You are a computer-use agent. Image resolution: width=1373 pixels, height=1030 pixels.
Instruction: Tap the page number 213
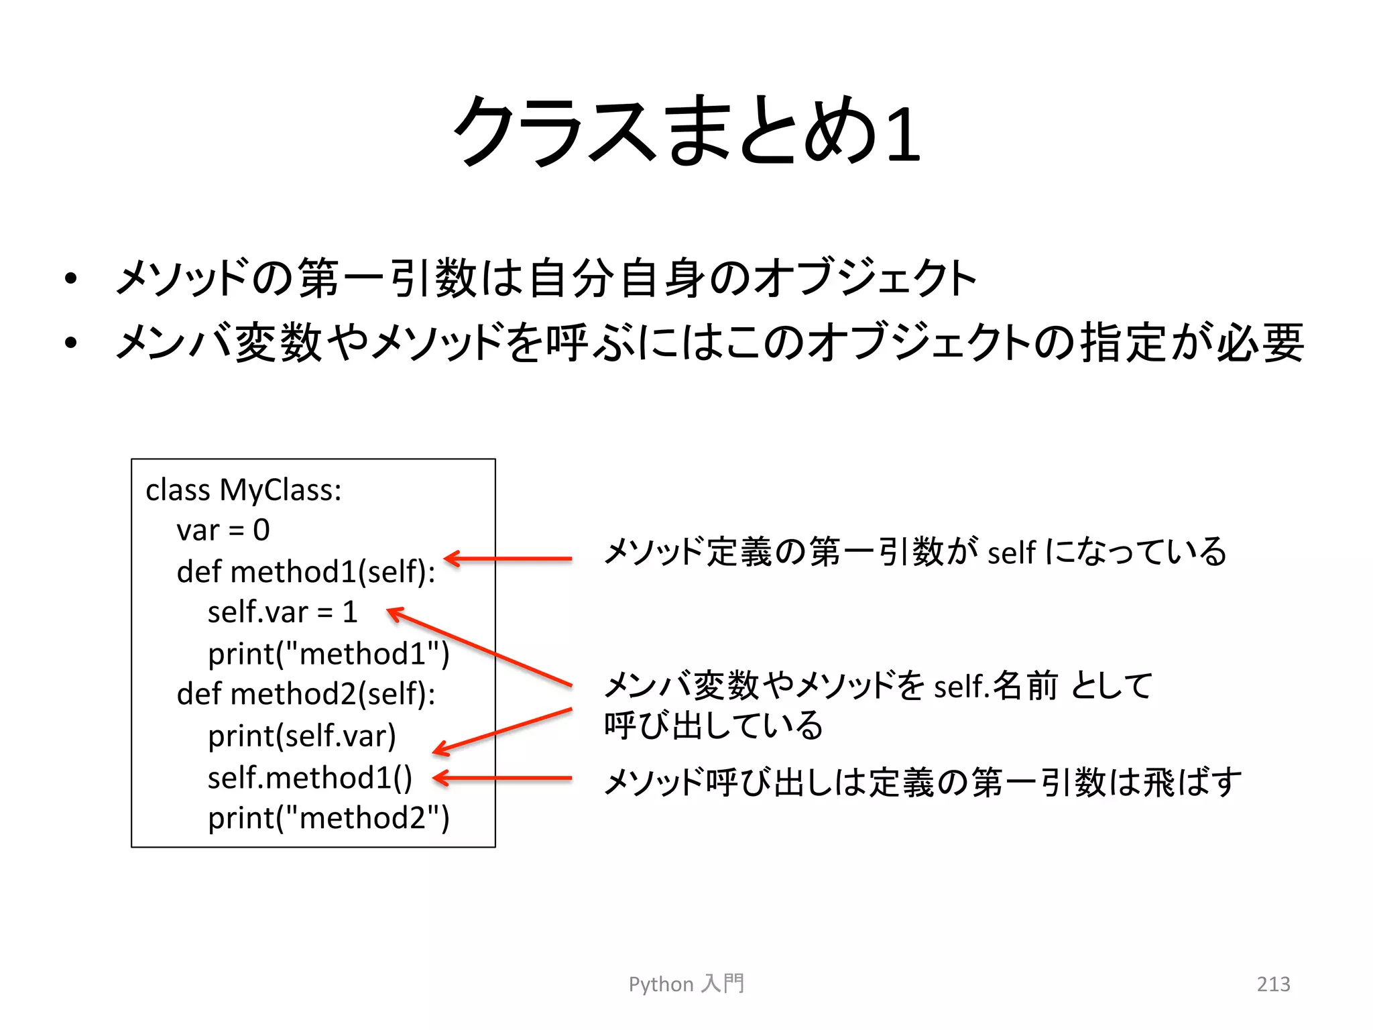coord(1272,984)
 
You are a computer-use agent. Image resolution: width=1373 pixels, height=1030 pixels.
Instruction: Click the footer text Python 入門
coord(686,984)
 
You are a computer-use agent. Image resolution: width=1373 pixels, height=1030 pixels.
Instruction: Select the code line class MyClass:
coord(243,490)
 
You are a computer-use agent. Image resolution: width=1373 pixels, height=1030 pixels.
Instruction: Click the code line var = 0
coord(223,530)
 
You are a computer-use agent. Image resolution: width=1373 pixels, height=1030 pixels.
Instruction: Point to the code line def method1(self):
coord(306,572)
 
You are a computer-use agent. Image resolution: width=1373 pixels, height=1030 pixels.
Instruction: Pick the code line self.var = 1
coord(282,612)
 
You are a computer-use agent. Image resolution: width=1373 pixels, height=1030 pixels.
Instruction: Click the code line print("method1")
coord(329,654)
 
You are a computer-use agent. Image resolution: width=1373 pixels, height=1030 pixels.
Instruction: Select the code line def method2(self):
coord(306,694)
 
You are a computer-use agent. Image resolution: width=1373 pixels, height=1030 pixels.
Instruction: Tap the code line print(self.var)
coord(302,736)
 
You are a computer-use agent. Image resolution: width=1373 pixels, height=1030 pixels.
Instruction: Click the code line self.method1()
coord(310,778)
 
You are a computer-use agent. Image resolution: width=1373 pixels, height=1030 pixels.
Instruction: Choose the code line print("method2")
coord(329,818)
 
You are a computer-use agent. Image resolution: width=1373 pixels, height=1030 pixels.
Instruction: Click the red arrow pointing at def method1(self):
coord(508,558)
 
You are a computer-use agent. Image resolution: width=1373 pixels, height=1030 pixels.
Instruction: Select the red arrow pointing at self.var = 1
coord(479,646)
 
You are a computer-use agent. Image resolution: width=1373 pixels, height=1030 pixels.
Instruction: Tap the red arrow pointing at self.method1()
coord(503,778)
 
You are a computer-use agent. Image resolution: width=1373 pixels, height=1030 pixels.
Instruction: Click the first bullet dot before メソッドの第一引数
coord(71,279)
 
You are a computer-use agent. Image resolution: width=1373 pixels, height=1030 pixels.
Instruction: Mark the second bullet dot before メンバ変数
coord(71,343)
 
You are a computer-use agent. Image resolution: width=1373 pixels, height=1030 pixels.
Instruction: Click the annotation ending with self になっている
coord(914,553)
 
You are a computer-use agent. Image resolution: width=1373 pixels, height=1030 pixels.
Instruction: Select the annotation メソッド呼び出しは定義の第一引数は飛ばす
coord(922,783)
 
